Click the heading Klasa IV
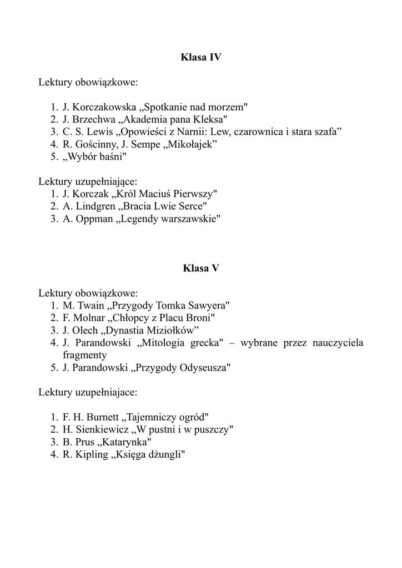[x=201, y=57]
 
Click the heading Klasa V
[x=201, y=268]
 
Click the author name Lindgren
[x=93, y=206]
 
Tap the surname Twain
[x=92, y=306]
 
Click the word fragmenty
[x=84, y=355]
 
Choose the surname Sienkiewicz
[x=99, y=429]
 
